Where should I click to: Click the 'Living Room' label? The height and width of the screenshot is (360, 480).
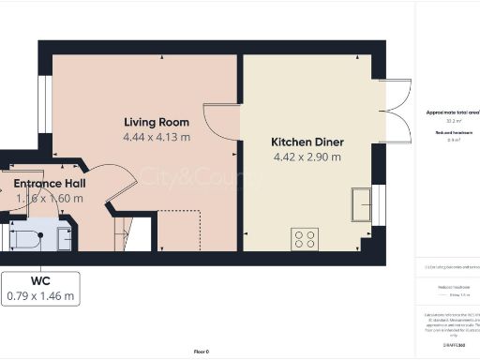[x=157, y=122]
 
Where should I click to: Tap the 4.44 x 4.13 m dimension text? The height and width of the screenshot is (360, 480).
[x=157, y=137]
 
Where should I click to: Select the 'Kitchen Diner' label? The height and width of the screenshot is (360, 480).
[x=307, y=142]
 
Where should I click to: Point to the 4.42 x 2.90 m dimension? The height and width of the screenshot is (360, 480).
[x=307, y=157]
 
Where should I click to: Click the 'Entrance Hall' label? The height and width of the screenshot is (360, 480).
[x=49, y=184]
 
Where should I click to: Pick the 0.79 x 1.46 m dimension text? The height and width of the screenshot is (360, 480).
[x=40, y=296]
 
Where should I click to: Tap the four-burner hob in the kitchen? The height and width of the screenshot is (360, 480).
[x=305, y=239]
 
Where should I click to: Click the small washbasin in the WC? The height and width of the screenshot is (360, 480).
[x=65, y=239]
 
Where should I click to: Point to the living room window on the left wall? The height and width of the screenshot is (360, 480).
[x=44, y=99]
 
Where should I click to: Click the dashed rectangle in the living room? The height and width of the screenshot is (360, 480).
[x=179, y=231]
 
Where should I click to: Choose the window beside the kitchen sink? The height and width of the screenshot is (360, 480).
[x=380, y=204]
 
